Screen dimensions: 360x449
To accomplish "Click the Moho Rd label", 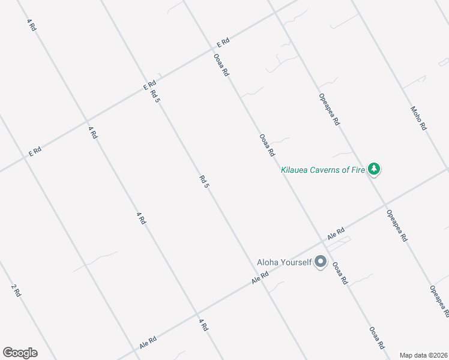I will [418, 118].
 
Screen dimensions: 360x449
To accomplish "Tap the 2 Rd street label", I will [16, 290].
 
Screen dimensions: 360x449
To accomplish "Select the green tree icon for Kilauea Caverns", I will [375, 169].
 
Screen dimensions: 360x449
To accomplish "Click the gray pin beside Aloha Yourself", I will [321, 262].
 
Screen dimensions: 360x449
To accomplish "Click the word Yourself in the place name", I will [293, 262].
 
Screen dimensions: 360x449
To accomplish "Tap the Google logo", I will [20, 353].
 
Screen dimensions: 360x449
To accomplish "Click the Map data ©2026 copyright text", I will [424, 355].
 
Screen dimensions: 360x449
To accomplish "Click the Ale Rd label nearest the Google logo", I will [148, 343].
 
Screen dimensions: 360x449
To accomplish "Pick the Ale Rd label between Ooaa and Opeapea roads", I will [336, 233].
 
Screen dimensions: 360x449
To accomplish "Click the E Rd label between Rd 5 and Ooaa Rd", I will [223, 43].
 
